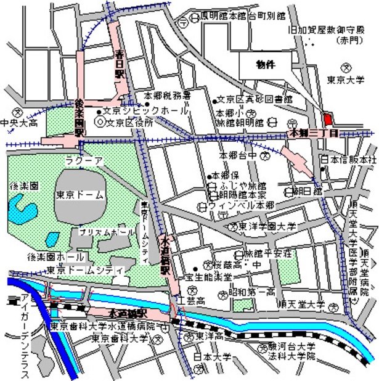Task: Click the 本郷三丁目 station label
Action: (314, 133)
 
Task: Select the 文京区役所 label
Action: (131, 122)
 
